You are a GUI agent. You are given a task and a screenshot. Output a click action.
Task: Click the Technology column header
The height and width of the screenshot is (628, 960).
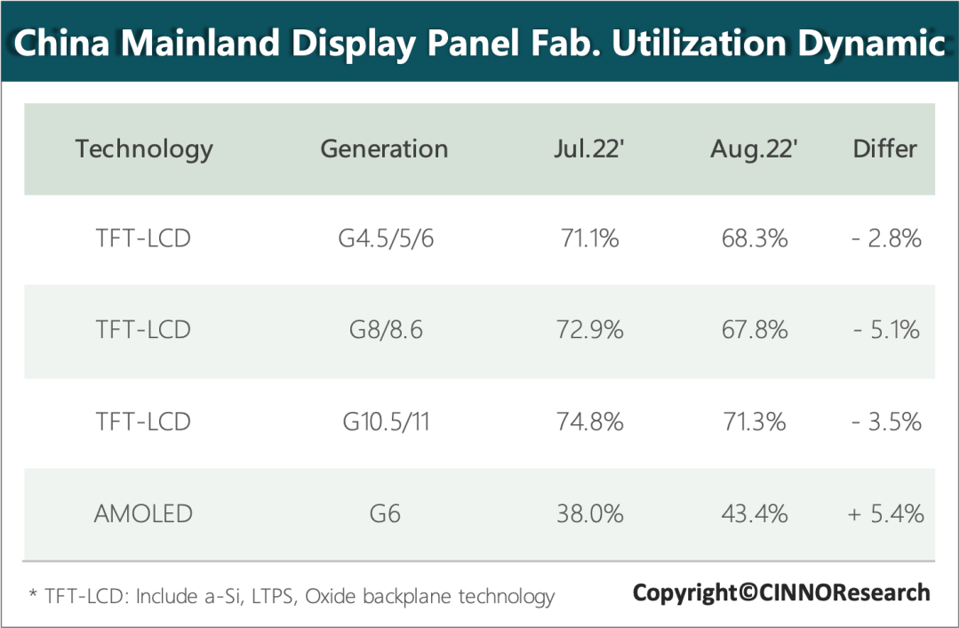click(144, 149)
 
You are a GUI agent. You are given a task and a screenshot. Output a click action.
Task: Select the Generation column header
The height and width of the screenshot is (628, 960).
click(384, 149)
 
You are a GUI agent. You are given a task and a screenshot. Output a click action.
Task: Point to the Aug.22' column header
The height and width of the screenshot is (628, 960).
click(754, 149)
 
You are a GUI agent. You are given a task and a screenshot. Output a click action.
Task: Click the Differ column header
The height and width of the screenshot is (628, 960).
click(884, 149)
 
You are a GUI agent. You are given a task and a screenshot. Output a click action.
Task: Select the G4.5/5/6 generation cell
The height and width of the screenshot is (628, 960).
click(384, 238)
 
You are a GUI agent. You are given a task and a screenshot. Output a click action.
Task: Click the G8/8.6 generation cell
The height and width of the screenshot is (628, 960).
click(384, 330)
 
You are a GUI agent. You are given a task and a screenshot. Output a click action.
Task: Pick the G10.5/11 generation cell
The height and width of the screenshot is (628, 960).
click(384, 422)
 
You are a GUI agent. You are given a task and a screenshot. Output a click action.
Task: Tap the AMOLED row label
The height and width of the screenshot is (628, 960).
click(143, 513)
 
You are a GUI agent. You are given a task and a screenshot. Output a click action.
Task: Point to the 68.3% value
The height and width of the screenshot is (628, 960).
click(754, 238)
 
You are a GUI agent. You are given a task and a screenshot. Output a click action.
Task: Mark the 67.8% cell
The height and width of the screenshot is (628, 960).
click(754, 330)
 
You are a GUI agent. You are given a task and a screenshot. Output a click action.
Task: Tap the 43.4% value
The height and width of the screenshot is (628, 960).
click(754, 513)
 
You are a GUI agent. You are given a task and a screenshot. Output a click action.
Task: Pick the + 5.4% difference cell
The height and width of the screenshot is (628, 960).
click(885, 513)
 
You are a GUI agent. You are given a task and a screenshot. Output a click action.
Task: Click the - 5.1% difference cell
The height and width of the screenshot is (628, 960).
click(885, 330)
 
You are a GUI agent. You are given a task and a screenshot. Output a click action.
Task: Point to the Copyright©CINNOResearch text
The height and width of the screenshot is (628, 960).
click(781, 592)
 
